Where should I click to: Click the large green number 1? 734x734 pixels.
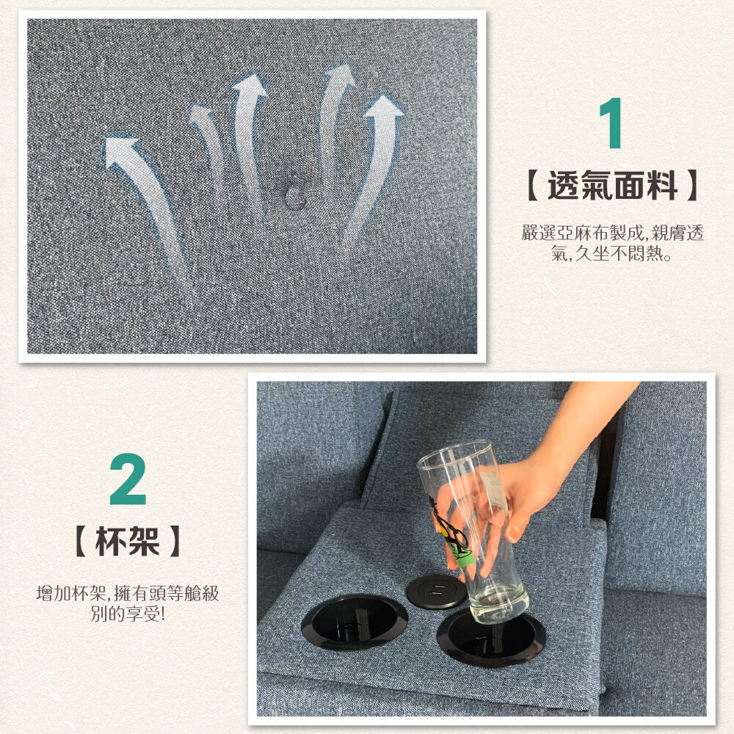[x=611, y=123]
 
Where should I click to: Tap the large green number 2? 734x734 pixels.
[x=128, y=479]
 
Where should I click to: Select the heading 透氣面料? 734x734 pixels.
[x=612, y=186]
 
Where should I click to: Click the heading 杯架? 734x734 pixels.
[x=127, y=541]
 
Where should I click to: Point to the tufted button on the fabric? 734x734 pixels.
[x=295, y=196]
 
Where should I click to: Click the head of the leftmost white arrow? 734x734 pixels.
[x=120, y=151]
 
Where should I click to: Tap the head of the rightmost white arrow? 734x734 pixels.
[x=383, y=106]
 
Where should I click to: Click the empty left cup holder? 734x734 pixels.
[x=354, y=622]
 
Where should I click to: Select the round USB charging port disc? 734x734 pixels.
[x=436, y=591]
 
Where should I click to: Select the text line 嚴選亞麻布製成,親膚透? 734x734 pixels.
[x=612, y=233]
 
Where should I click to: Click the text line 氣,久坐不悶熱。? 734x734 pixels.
[x=612, y=253]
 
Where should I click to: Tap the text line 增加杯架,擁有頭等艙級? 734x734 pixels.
[x=127, y=593]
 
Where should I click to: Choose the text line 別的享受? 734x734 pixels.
[x=127, y=614]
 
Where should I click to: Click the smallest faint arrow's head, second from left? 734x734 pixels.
[x=201, y=113]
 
